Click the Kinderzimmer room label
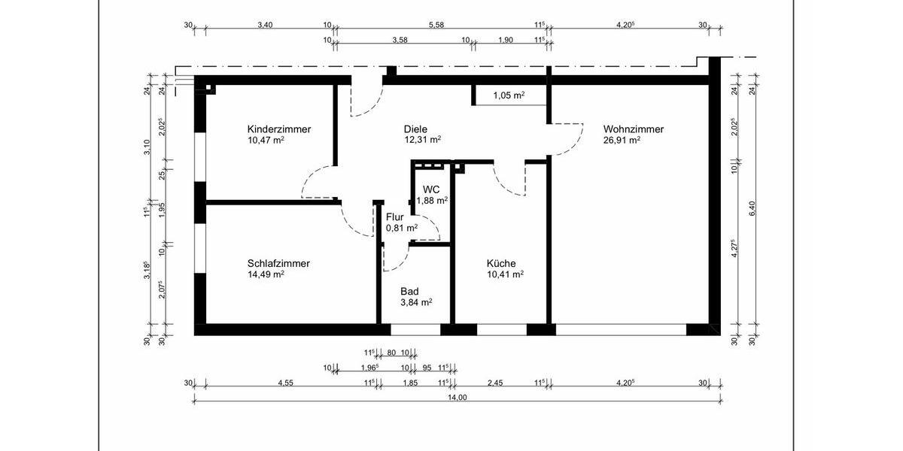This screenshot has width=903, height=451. [x=278, y=129]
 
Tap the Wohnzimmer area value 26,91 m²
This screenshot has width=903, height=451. [x=622, y=140]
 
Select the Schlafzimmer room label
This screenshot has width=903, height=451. [x=278, y=264]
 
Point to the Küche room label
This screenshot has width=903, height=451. [x=500, y=264]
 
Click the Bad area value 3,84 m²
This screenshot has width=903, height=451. [x=415, y=302]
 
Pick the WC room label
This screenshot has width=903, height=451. [x=430, y=189]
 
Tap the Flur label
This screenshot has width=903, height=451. [x=395, y=217]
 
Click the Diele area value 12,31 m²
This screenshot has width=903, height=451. [x=422, y=140]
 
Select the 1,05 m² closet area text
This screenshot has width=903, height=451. [x=509, y=95]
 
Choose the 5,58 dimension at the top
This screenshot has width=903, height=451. [x=436, y=25]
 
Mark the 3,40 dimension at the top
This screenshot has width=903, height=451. [x=265, y=25]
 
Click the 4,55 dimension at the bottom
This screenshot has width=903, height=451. [x=285, y=383]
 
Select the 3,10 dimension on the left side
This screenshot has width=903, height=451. [x=147, y=147]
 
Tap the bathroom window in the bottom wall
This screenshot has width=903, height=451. [x=415, y=329]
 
